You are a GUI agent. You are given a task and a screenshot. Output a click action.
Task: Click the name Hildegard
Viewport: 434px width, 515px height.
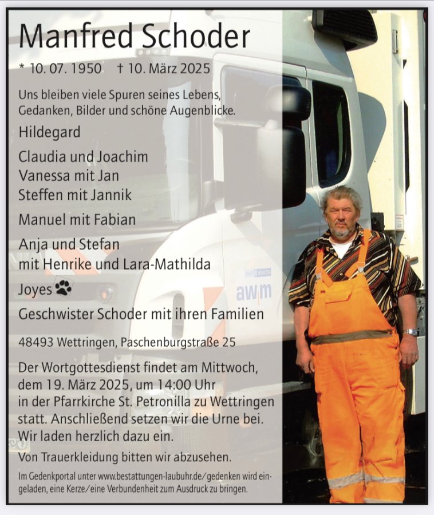point(49,132)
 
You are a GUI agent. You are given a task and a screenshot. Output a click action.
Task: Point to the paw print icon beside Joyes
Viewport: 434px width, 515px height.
point(63,288)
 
